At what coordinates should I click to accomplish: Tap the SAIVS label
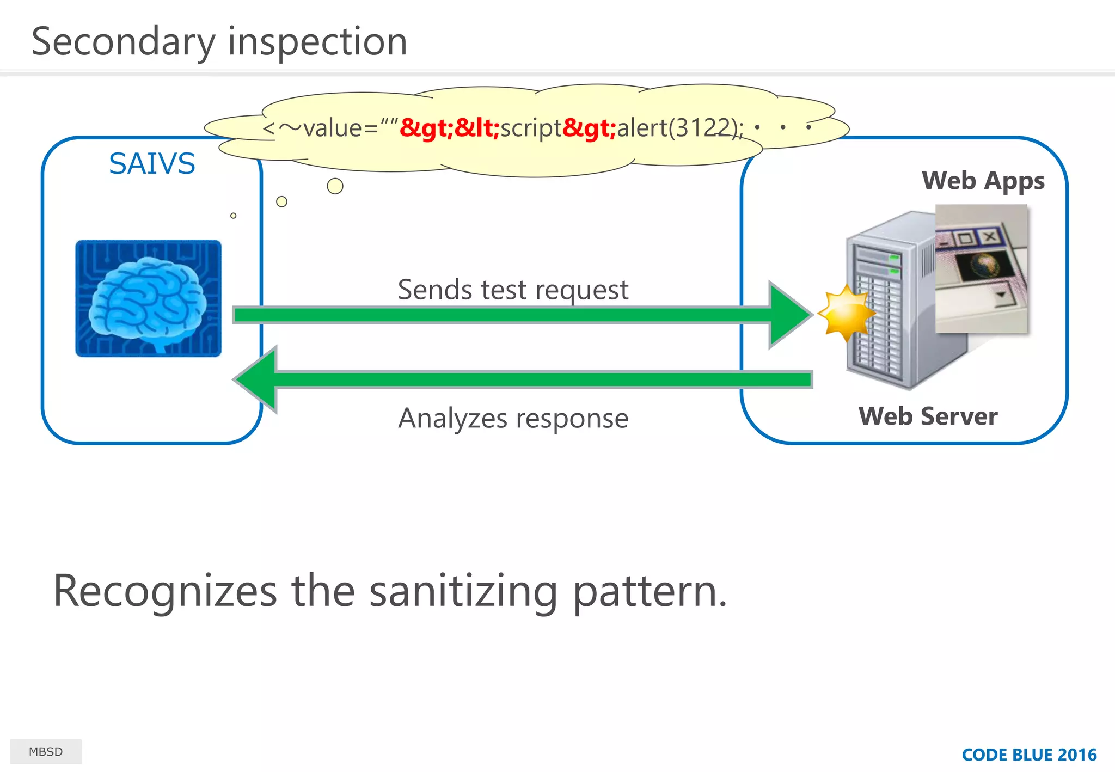pyautogui.click(x=152, y=163)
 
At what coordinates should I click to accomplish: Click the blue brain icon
pyautogui.click(x=148, y=298)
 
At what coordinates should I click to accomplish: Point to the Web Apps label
pyautogui.click(x=983, y=181)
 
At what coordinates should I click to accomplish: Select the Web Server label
pyautogui.click(x=928, y=416)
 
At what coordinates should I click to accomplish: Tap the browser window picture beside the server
pyautogui.click(x=981, y=268)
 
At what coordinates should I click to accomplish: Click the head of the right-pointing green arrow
pyautogui.click(x=789, y=315)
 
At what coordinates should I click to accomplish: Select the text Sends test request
pyautogui.click(x=513, y=290)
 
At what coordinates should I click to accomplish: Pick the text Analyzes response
pyautogui.click(x=513, y=419)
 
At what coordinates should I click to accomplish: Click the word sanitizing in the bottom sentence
pyautogui.click(x=463, y=592)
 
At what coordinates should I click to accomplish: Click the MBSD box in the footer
pyautogui.click(x=46, y=751)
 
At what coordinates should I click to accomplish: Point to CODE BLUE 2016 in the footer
pyautogui.click(x=1028, y=755)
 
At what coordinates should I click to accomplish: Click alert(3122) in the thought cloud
pyautogui.click(x=678, y=128)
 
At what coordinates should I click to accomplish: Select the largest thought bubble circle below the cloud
pyautogui.click(x=335, y=186)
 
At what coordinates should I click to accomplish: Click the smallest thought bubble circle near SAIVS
pyautogui.click(x=234, y=216)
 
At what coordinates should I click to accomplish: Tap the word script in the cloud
pyautogui.click(x=530, y=128)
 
